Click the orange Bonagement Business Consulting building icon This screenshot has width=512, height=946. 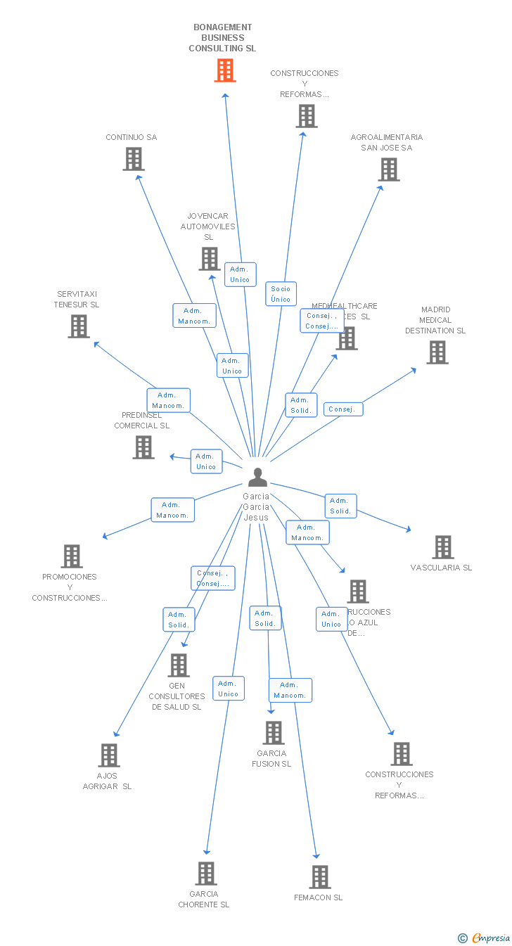(225, 70)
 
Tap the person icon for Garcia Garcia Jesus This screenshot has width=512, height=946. (257, 478)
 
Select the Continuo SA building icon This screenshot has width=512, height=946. (134, 159)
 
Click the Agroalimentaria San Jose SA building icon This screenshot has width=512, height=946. (389, 170)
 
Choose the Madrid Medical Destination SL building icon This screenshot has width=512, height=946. (437, 352)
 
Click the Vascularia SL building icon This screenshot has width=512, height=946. (443, 547)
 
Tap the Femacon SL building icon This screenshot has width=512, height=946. (320, 877)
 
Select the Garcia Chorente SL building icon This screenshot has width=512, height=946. (205, 874)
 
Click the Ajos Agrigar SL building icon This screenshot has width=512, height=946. (109, 755)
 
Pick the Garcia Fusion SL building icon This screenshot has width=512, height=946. (274, 733)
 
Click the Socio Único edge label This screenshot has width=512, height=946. (281, 294)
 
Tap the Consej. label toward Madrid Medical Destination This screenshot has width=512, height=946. (343, 409)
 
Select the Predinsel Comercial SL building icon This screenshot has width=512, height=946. (143, 447)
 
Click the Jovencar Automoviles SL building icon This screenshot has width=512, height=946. (209, 259)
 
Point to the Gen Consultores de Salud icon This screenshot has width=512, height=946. (179, 665)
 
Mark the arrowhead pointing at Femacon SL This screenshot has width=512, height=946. (316, 855)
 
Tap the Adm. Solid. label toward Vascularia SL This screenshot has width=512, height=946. (340, 506)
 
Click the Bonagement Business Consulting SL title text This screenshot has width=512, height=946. (222, 38)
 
